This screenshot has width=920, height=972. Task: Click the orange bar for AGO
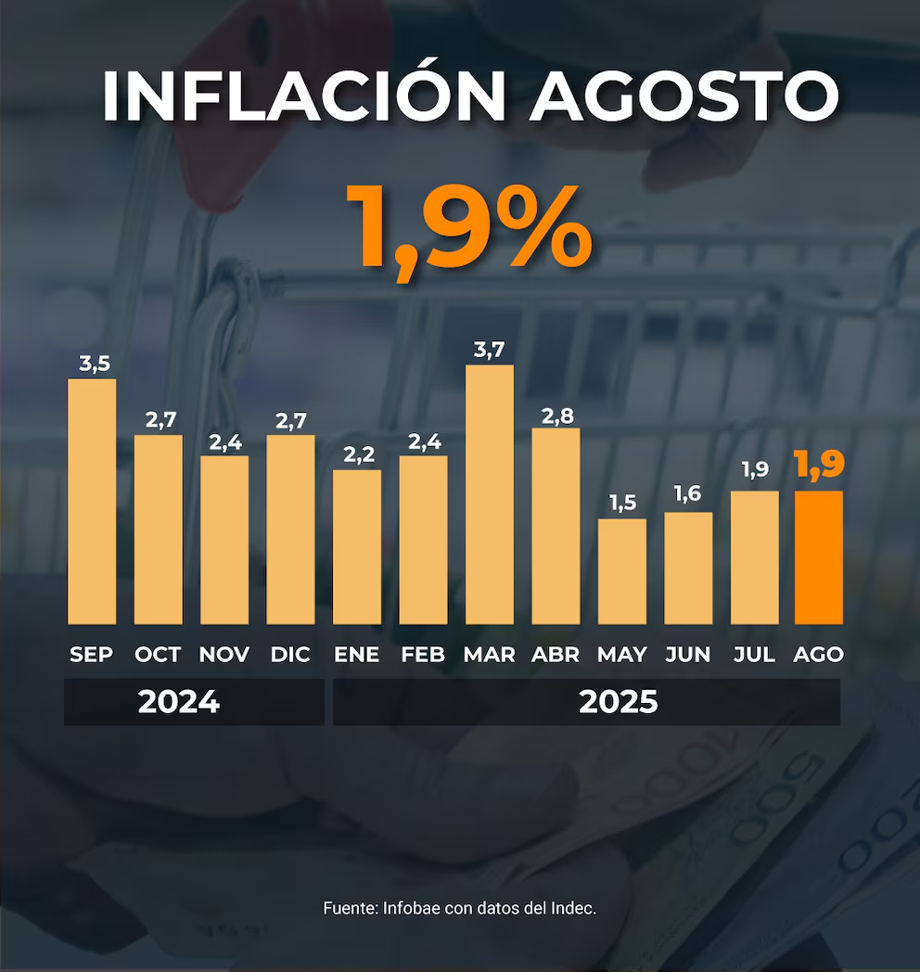tap(819, 556)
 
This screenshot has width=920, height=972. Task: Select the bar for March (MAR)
tap(490, 494)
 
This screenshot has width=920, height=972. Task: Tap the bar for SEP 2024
tap(92, 501)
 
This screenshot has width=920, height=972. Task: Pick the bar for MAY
tap(621, 571)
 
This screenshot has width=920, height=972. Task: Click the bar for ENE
tap(357, 546)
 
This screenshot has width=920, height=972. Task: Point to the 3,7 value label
tap(490, 350)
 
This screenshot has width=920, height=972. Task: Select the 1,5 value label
tap(621, 504)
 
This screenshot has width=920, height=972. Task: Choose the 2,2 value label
tap(357, 454)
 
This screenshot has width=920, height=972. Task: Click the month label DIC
tap(290, 654)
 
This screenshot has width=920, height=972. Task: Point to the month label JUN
tap(688, 654)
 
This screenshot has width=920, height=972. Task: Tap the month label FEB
tap(423, 654)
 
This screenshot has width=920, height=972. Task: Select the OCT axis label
tap(158, 654)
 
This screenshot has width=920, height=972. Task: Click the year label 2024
tap(179, 702)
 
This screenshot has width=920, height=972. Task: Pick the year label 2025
tap(619, 702)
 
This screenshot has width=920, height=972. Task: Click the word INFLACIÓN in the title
tap(304, 95)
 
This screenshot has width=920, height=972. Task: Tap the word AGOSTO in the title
tap(684, 95)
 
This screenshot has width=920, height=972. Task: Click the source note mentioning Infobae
tap(460, 908)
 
